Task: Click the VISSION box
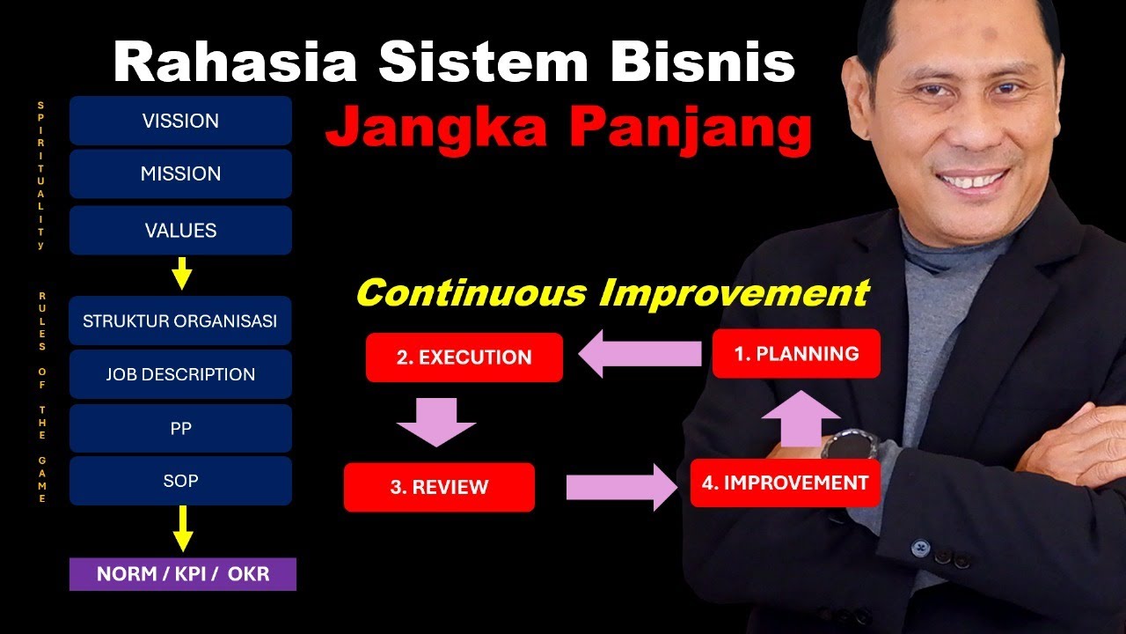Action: point(180,121)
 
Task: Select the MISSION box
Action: point(180,174)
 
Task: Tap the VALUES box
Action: point(180,231)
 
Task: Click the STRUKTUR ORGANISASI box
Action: point(180,321)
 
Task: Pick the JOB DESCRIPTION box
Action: point(180,374)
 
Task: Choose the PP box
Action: point(180,429)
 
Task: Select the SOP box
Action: point(180,481)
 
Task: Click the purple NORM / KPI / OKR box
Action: point(183,574)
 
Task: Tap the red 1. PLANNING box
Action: point(796,354)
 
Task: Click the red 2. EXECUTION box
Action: point(464,358)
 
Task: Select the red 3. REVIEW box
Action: point(439,487)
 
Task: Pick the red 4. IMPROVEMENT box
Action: point(785,483)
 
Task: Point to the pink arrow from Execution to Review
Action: point(436,422)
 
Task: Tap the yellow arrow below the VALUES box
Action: point(182,274)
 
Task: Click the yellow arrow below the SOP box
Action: point(182,528)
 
